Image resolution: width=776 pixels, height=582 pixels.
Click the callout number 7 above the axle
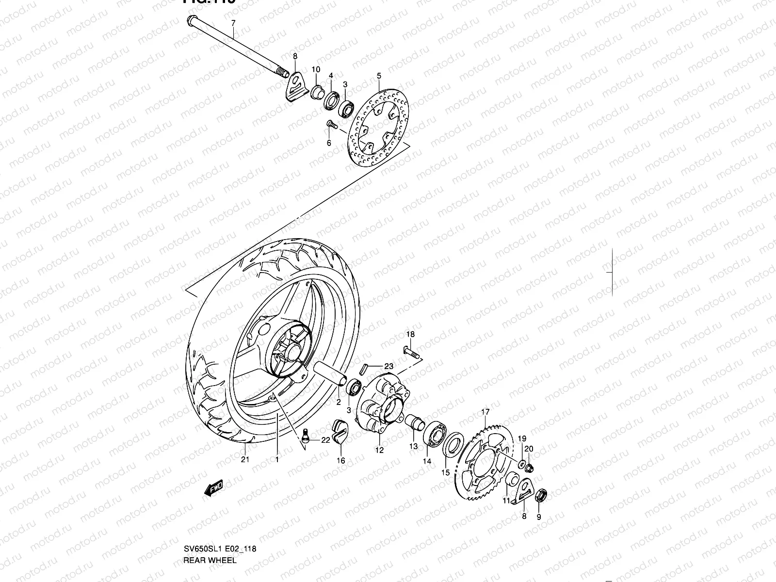[233, 23]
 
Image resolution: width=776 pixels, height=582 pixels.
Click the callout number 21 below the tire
[245, 459]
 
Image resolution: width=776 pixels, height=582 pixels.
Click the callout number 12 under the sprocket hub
[379, 450]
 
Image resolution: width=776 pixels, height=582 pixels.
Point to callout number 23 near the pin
[388, 367]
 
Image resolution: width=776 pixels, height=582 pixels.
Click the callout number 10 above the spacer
[316, 69]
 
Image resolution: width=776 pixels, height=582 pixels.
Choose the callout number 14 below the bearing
[426, 461]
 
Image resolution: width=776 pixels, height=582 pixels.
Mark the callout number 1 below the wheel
[277, 459]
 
